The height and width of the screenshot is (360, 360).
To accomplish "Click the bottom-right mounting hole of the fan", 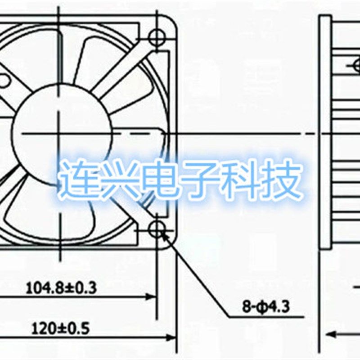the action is pyautogui.click(x=157, y=229).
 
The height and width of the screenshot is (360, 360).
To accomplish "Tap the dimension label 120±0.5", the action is pyautogui.click(x=60, y=328).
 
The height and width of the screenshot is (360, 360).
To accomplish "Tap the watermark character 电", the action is pyautogui.click(x=160, y=180).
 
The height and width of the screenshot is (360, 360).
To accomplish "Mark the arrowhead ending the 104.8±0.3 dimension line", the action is pyautogui.click(x=152, y=297).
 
